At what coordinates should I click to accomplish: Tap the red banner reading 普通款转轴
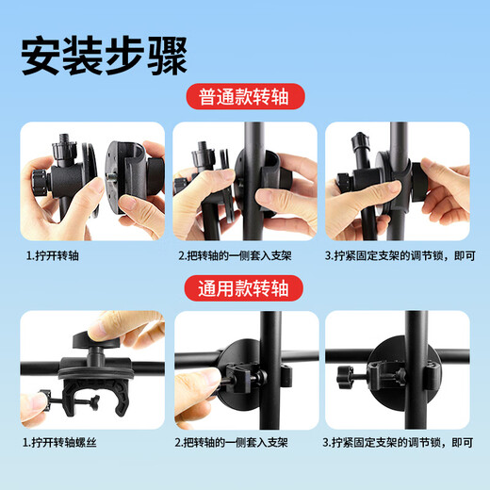pos(245,97)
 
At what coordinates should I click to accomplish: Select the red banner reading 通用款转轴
pos(245,286)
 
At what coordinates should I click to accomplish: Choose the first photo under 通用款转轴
pos(91,367)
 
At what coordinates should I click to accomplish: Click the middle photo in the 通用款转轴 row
pos(245,367)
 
